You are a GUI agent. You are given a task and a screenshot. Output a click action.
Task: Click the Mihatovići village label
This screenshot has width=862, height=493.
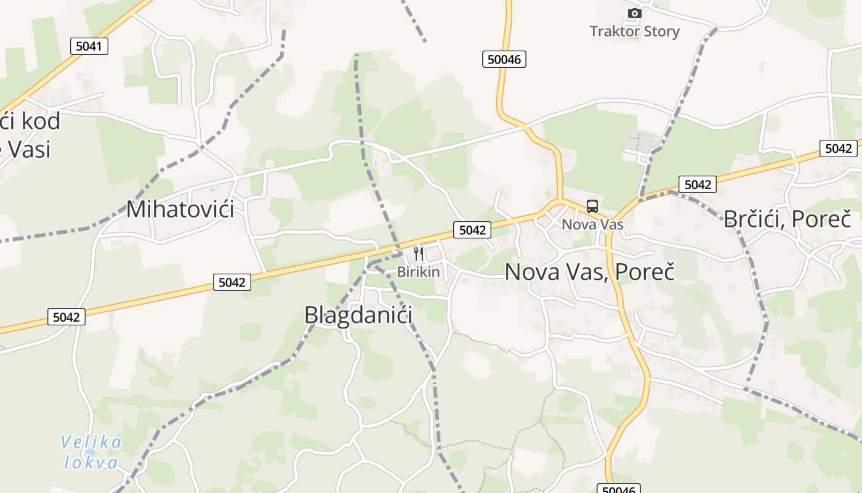pyautogui.click(x=180, y=210)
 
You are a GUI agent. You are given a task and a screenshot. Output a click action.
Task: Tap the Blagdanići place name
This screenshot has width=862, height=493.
pyautogui.click(x=358, y=315)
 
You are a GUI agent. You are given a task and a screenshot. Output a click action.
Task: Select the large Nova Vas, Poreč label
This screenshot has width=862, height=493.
pyautogui.click(x=589, y=271)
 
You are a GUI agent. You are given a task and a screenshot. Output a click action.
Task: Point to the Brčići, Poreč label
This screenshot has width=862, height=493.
pyautogui.click(x=787, y=219)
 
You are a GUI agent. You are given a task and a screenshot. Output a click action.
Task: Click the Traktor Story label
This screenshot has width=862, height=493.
pyautogui.click(x=634, y=31)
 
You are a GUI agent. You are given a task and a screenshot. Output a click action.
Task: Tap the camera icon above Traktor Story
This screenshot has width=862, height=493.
pyautogui.click(x=634, y=13)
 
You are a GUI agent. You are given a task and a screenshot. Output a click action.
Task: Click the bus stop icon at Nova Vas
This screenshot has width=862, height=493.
pyautogui.click(x=592, y=206)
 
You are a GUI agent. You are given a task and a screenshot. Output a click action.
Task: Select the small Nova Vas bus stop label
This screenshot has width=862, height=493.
pyautogui.click(x=592, y=224)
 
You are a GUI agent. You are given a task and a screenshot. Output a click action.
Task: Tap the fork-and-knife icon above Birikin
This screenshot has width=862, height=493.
pyautogui.click(x=419, y=253)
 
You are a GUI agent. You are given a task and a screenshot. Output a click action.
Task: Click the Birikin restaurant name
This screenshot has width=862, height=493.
pyautogui.click(x=419, y=272)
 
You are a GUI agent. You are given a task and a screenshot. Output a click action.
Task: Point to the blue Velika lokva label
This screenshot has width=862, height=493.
pyautogui.click(x=91, y=452)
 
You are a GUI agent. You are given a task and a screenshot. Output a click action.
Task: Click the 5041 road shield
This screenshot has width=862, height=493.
pyautogui.click(x=89, y=46)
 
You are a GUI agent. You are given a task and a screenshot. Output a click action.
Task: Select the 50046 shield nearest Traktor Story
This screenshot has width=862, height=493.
pyautogui.click(x=504, y=59)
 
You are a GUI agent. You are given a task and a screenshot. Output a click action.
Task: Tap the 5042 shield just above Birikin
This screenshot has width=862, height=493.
pyautogui.click(x=472, y=230)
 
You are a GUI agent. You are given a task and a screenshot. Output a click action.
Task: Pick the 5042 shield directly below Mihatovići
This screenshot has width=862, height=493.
pyautogui.click(x=232, y=282)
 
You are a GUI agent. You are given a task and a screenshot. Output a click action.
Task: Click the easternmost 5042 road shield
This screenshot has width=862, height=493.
pyautogui.click(x=838, y=149)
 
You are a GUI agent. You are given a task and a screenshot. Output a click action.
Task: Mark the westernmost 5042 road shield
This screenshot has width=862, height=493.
pyautogui.click(x=66, y=317)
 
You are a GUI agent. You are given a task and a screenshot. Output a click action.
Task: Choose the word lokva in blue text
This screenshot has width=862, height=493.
pyautogui.click(x=91, y=463)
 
